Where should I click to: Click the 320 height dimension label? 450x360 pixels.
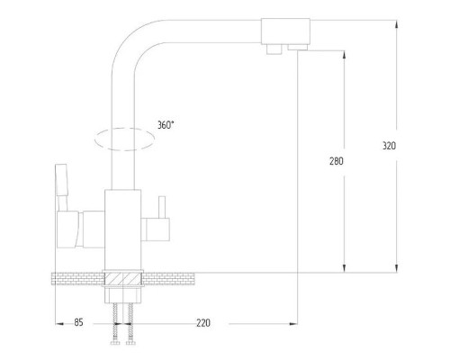(389, 146)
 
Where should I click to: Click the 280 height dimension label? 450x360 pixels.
(337, 161)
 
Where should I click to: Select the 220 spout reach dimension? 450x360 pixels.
(203, 323)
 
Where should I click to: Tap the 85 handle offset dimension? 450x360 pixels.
(78, 323)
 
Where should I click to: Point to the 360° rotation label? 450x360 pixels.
(166, 125)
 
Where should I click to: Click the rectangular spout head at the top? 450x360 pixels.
(285, 31)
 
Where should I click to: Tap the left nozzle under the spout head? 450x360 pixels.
(274, 49)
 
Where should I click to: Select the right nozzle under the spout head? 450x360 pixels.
(298, 47)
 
